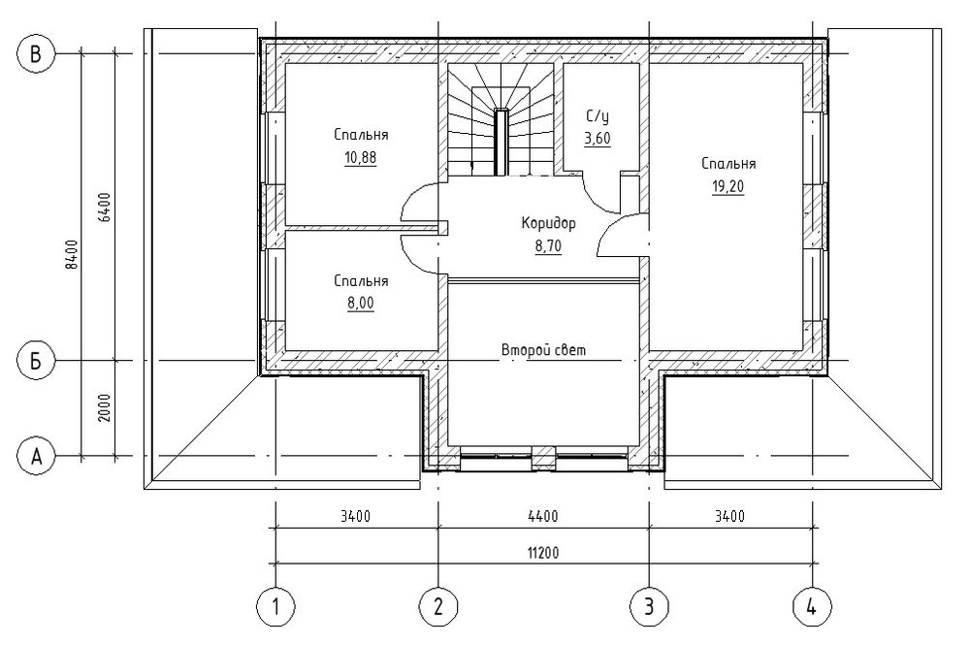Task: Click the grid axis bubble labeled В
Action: click(x=36, y=54)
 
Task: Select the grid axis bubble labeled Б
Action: click(x=36, y=360)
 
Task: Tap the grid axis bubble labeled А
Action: click(x=36, y=457)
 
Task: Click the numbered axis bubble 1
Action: click(x=275, y=606)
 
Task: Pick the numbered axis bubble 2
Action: click(x=438, y=606)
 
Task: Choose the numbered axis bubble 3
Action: click(x=649, y=606)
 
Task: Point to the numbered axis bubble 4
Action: click(x=812, y=606)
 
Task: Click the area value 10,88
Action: click(x=361, y=158)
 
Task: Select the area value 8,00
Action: click(x=361, y=304)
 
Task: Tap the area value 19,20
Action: click(x=728, y=187)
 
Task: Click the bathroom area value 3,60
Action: click(x=598, y=139)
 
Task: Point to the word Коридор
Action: click(x=549, y=223)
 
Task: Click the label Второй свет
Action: click(x=544, y=350)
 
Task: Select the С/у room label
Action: click(x=598, y=116)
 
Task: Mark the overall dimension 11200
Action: click(x=542, y=552)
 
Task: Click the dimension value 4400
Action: click(x=543, y=516)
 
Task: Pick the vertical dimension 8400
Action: click(x=72, y=254)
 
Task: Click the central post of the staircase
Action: click(x=501, y=141)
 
